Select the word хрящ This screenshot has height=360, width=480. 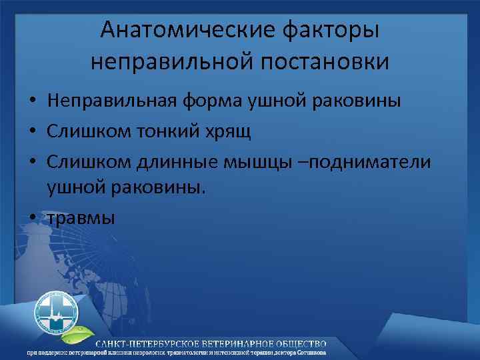click(231, 132)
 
